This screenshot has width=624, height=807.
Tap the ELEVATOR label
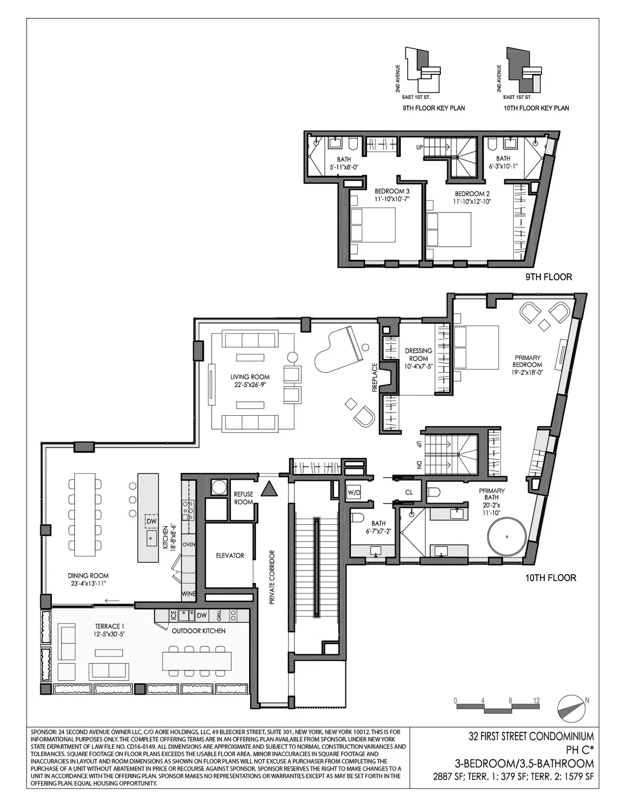[230, 555]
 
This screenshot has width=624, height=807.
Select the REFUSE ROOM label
[243, 498]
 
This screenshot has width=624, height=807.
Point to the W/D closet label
[354, 492]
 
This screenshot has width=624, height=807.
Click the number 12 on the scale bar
[536, 700]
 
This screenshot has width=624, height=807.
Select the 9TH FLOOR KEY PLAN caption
[434, 108]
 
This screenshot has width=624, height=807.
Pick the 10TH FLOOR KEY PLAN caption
[536, 108]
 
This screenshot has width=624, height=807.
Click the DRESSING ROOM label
[419, 355]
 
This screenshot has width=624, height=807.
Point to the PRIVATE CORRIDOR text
[271, 577]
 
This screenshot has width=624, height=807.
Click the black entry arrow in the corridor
[269, 489]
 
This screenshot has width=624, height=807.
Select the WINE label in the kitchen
[188, 593]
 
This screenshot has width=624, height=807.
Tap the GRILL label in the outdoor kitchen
[219, 616]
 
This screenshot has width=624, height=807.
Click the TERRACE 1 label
[110, 630]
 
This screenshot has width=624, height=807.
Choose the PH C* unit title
[579, 750]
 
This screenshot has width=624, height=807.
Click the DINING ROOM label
[88, 579]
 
